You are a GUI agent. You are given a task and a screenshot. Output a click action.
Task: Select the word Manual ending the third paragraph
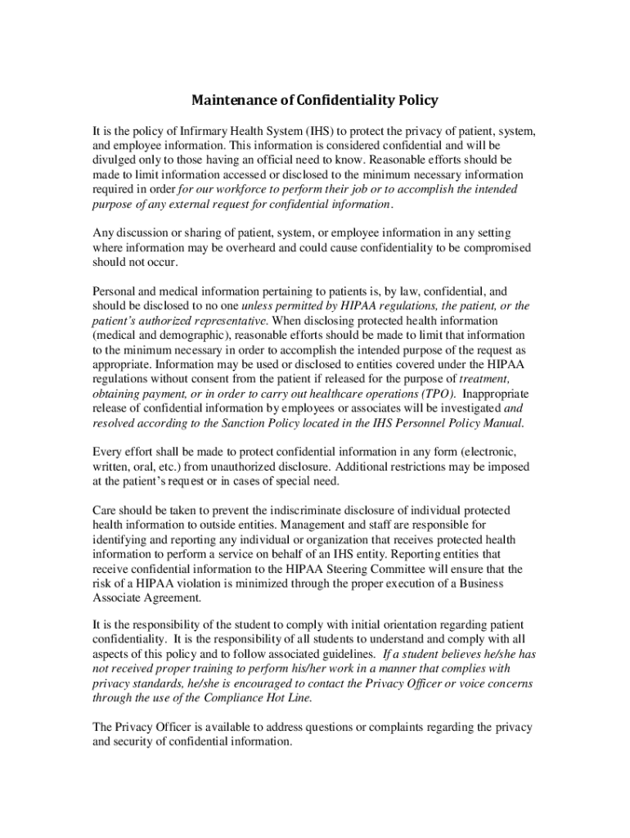pos(503,424)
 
